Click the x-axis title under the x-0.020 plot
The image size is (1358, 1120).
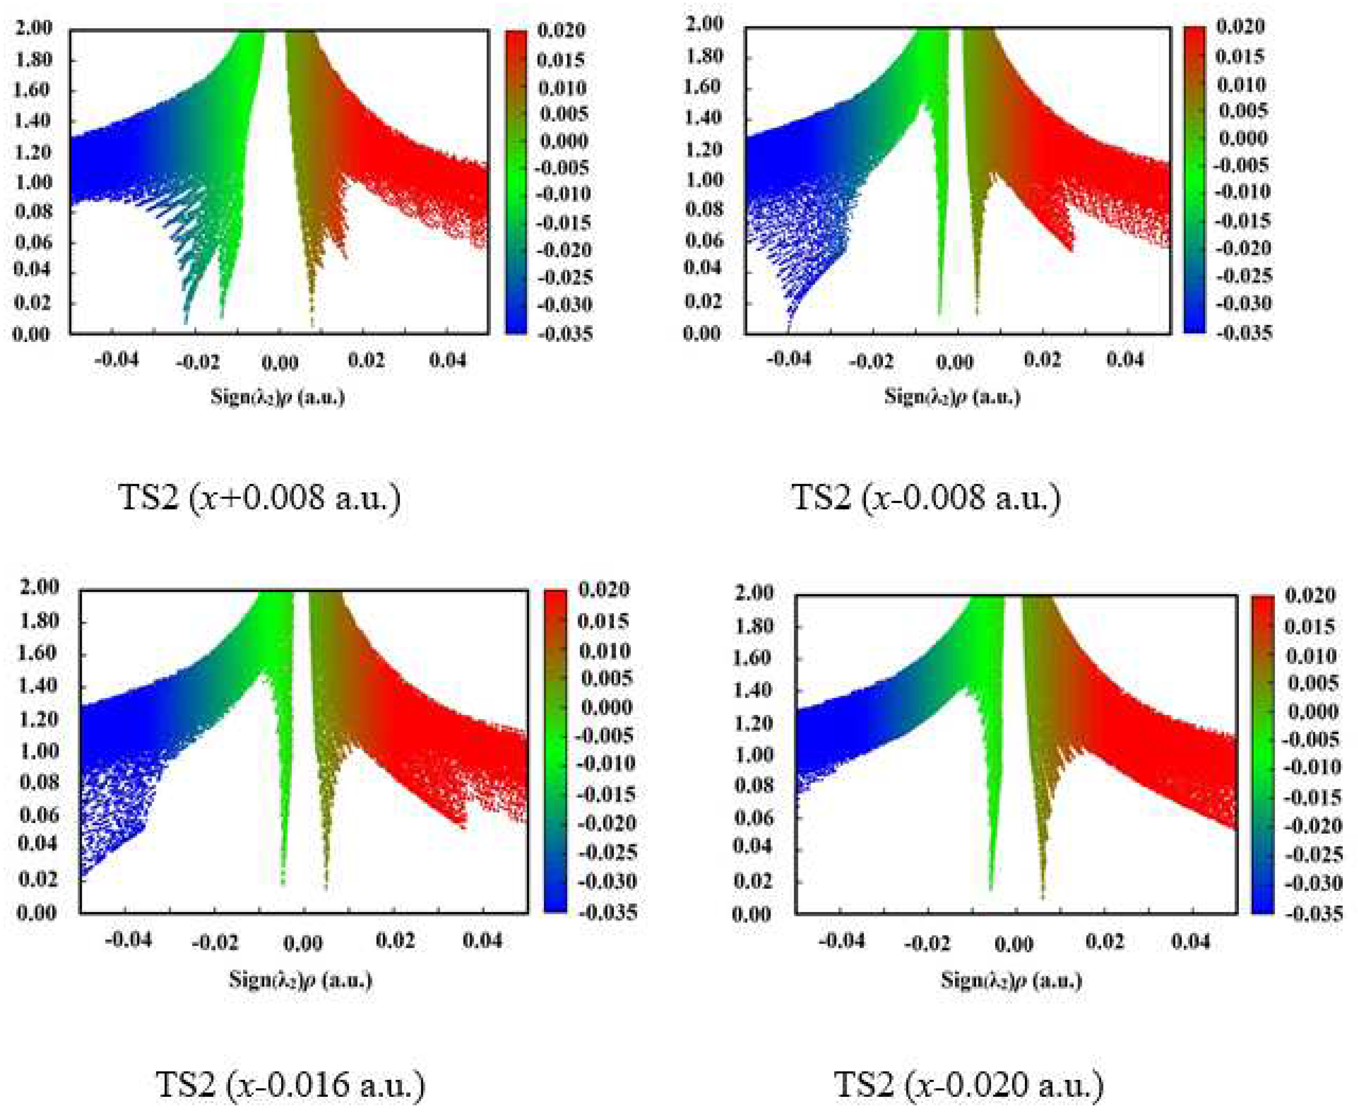pyautogui.click(x=1011, y=980)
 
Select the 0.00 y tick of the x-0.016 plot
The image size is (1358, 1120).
pyautogui.click(x=37, y=913)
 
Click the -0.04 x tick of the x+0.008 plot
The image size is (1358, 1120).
pyautogui.click(x=116, y=360)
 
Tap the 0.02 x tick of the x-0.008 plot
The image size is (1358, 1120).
pyautogui.click(x=1042, y=360)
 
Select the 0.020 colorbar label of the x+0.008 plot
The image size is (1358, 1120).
pyautogui.click(x=560, y=30)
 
